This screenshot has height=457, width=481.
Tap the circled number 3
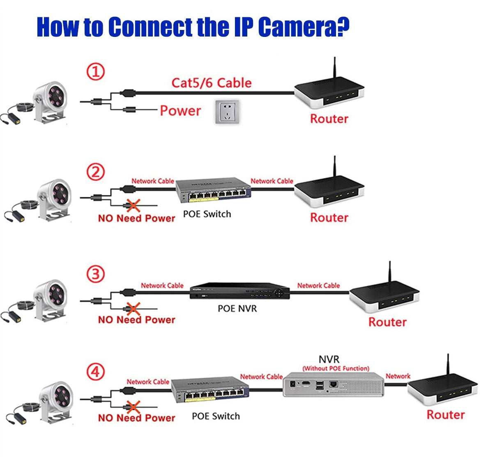[x=95, y=274]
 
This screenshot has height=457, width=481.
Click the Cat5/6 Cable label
[x=211, y=83]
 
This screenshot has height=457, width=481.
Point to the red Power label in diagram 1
[x=180, y=110]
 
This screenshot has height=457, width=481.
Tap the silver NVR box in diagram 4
[x=333, y=384]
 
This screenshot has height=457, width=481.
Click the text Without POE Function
[x=336, y=368]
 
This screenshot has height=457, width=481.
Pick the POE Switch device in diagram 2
[x=213, y=190]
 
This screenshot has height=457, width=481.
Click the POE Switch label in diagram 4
[x=216, y=416]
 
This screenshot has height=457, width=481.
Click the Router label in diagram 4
[x=445, y=414]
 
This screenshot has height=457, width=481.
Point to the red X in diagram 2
[x=133, y=205]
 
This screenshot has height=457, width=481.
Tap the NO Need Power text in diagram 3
[x=136, y=320]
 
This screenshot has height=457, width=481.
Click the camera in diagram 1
[x=49, y=103]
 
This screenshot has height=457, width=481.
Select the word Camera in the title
[x=304, y=27]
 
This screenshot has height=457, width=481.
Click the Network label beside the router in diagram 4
[x=398, y=376]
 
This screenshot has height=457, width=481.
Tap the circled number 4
[x=95, y=372]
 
